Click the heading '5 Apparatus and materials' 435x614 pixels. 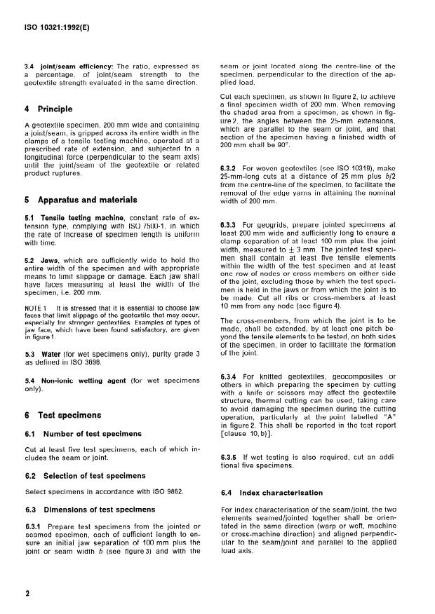(x=79, y=198)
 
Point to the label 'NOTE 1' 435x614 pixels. (x=36, y=308)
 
